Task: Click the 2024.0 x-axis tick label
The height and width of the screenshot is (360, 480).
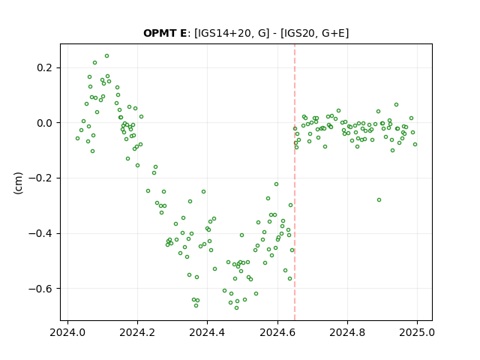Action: coord(67,332)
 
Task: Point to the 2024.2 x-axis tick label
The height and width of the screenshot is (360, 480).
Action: coord(137,332)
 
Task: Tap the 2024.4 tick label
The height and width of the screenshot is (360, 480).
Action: coord(207,332)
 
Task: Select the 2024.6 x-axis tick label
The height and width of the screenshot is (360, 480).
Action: coord(277,332)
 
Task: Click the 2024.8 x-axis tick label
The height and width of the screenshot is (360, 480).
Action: coord(347,332)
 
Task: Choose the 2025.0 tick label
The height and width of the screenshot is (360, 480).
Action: coord(417,332)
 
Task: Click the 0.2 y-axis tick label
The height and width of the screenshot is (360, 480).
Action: coord(45,67)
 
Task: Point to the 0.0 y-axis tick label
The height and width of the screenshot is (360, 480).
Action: coord(45,123)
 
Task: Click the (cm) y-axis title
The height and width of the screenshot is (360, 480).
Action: coord(18,183)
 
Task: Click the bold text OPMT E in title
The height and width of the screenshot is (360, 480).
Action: coord(165,33)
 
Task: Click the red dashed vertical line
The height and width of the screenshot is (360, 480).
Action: coord(295,182)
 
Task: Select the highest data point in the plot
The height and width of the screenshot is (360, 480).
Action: coord(106,56)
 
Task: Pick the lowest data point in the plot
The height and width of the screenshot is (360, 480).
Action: coord(237,307)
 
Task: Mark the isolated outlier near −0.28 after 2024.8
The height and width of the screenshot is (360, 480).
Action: coord(379,200)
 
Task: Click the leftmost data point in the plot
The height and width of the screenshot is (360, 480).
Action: coord(77,138)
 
